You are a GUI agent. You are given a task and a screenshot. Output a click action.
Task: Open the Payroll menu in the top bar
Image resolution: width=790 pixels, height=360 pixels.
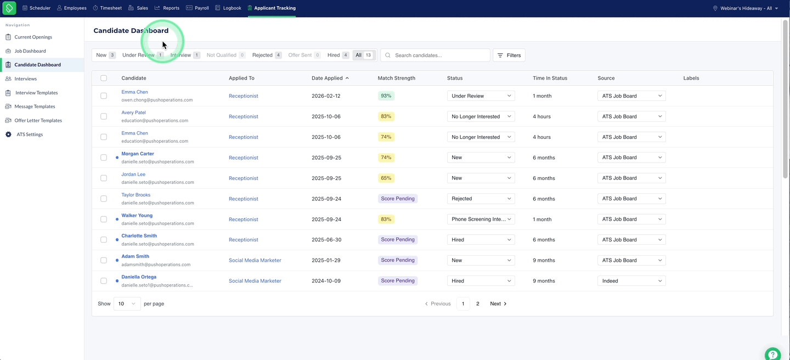[x=197, y=8]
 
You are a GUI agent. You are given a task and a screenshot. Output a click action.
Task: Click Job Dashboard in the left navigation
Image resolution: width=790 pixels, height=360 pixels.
[x=30, y=51]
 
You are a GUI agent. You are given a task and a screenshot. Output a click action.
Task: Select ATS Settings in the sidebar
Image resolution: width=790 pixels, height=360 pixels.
[x=30, y=134]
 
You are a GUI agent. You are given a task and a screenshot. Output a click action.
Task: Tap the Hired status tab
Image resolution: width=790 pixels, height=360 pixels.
[x=337, y=55]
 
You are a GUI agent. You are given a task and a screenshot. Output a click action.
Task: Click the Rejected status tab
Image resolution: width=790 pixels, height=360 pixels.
[x=267, y=55]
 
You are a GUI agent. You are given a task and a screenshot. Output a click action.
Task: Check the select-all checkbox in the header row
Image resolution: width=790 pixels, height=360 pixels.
[x=104, y=78]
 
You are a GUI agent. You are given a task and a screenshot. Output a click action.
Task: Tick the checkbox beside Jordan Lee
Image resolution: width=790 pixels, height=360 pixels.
[x=104, y=178]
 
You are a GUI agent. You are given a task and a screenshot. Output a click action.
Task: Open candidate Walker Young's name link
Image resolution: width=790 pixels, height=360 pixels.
[x=137, y=215]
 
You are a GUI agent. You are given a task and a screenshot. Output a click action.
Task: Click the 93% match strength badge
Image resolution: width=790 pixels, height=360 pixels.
[x=386, y=95]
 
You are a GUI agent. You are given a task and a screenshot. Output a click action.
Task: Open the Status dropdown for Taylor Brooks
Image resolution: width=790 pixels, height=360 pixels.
[x=481, y=199]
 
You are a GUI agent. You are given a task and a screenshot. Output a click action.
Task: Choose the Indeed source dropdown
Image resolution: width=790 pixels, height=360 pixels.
[x=631, y=281]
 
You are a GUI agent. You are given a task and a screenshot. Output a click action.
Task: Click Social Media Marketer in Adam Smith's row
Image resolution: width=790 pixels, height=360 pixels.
[x=255, y=260]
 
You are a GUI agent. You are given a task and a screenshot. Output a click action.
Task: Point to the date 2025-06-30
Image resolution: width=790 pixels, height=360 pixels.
[x=326, y=240]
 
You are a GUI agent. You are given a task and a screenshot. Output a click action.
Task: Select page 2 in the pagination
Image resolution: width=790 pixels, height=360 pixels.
[x=477, y=303]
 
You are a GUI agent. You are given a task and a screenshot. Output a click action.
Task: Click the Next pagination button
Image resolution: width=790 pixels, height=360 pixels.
[x=498, y=303]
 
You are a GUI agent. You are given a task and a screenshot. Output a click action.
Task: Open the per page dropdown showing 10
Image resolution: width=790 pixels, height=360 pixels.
[x=127, y=303]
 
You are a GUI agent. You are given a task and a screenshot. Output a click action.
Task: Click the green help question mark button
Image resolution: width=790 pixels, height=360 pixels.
[x=772, y=355]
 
